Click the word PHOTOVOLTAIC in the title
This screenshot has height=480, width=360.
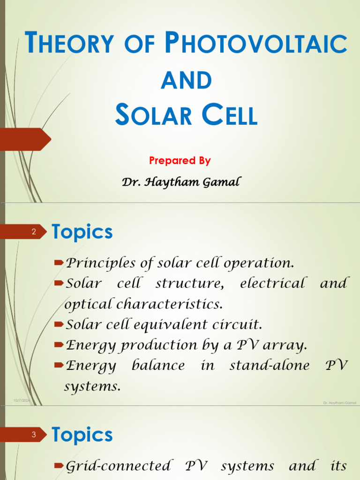256,42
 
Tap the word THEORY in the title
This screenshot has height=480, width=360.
69,42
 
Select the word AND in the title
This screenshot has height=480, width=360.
187,80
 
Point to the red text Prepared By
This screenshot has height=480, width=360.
180,160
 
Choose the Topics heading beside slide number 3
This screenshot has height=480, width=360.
82,435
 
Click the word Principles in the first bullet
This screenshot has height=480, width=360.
100,263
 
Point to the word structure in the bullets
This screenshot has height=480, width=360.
190,283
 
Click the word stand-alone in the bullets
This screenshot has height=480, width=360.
270,365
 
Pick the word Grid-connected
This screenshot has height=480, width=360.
118,466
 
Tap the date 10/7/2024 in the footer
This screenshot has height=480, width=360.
22,401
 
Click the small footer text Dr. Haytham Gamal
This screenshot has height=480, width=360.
339,403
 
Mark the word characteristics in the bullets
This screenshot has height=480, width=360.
169,304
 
